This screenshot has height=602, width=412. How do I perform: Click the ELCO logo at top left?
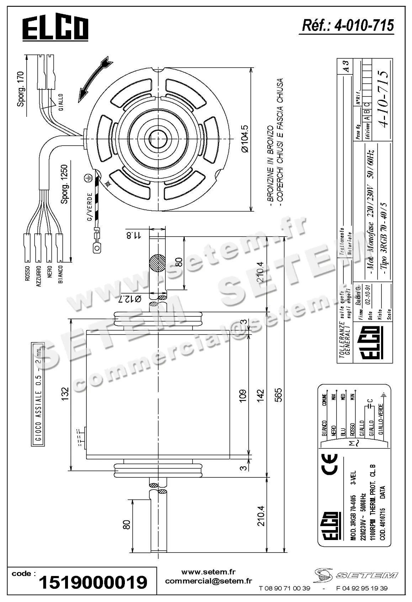point(55,29)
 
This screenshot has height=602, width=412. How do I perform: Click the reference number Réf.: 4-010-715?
point(348,26)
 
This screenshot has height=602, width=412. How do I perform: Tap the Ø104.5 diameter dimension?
point(244,139)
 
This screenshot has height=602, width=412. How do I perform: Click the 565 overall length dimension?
point(278,395)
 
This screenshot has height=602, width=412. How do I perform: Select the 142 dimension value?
point(260,395)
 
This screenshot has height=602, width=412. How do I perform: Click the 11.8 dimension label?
point(133,234)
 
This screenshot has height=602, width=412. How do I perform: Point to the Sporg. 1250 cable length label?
point(64,184)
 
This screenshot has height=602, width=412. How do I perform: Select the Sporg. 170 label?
point(21,89)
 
